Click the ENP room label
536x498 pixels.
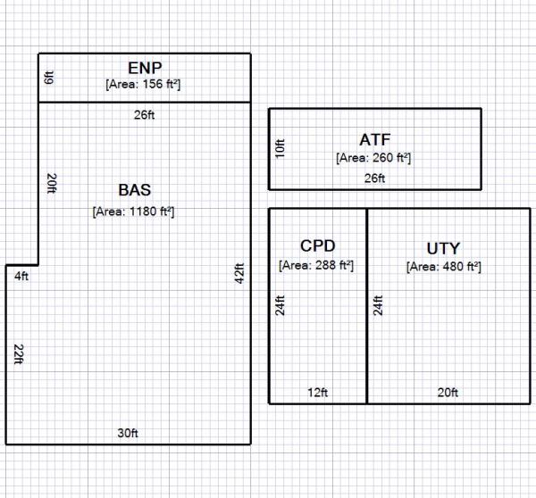(144, 68)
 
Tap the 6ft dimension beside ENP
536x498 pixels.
(50, 78)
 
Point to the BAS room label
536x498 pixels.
(134, 190)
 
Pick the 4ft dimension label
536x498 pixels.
(21, 276)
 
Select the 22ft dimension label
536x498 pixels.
(17, 354)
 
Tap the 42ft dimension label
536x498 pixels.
(239, 273)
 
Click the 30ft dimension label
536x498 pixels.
(128, 433)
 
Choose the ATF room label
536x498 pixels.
(374, 139)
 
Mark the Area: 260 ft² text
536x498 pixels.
(373, 158)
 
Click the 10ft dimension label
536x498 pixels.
(280, 148)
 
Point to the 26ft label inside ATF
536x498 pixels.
(374, 178)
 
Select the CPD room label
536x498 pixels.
(317, 245)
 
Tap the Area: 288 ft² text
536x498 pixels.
(316, 265)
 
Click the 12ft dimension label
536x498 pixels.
(317, 393)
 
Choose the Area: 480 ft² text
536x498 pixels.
(444, 266)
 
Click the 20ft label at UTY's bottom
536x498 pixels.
(448, 393)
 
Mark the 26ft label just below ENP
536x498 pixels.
(143, 113)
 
